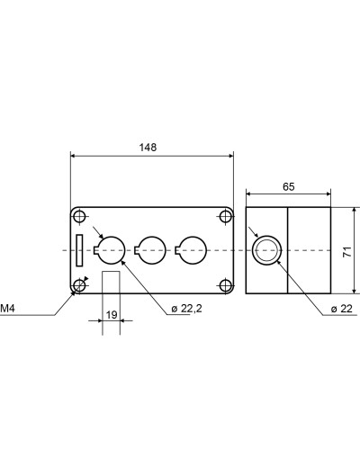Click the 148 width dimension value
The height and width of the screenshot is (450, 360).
pos(148,148)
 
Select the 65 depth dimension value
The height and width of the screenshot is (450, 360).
pos(289,186)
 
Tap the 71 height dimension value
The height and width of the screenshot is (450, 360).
pos(347,251)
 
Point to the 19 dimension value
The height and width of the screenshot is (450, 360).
pos(112,315)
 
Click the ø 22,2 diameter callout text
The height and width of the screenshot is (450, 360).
pos(186,309)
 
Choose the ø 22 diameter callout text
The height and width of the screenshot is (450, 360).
pos(341,309)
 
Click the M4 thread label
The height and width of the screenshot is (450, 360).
pos(7,309)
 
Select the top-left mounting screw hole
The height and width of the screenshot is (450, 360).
pos(79,216)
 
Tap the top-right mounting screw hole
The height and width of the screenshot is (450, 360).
pos(225,216)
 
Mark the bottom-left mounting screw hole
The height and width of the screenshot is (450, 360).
pos(79,285)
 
